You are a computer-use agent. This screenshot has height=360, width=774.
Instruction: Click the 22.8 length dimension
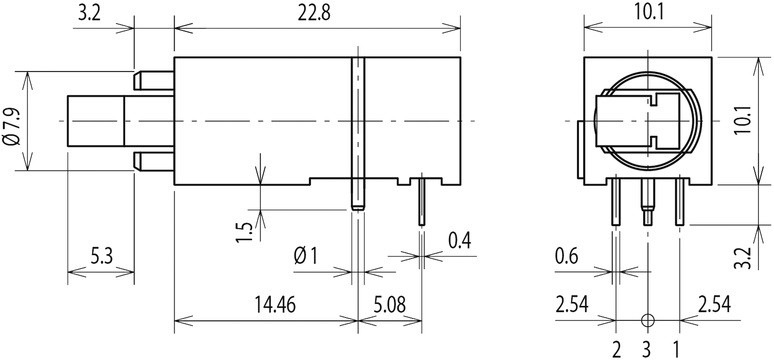point(313,14)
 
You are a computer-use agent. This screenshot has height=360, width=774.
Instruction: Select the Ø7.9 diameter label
point(13,127)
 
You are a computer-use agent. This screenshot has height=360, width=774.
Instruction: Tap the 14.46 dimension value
point(275,305)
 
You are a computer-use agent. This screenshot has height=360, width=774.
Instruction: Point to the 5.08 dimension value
point(390,305)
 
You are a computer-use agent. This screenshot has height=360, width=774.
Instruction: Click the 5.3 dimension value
point(102,256)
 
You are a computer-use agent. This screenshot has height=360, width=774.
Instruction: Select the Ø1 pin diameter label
point(305,256)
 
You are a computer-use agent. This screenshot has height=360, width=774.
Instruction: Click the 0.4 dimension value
point(460,240)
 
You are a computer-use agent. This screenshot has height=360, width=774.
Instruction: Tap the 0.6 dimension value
point(566,256)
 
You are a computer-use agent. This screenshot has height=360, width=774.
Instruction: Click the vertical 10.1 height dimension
point(743,120)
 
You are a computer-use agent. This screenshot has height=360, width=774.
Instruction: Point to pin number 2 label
point(616,348)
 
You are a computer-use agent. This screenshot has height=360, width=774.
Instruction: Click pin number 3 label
point(647,348)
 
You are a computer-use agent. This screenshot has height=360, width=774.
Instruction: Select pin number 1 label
point(677,348)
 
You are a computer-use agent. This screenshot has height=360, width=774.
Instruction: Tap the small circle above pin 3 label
point(647,320)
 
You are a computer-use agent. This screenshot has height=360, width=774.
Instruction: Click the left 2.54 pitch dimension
point(572,305)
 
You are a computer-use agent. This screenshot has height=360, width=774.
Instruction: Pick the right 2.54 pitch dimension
point(714,305)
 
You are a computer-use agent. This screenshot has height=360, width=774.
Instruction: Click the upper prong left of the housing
point(154,81)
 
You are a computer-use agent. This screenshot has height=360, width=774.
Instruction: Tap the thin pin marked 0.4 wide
point(421,201)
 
